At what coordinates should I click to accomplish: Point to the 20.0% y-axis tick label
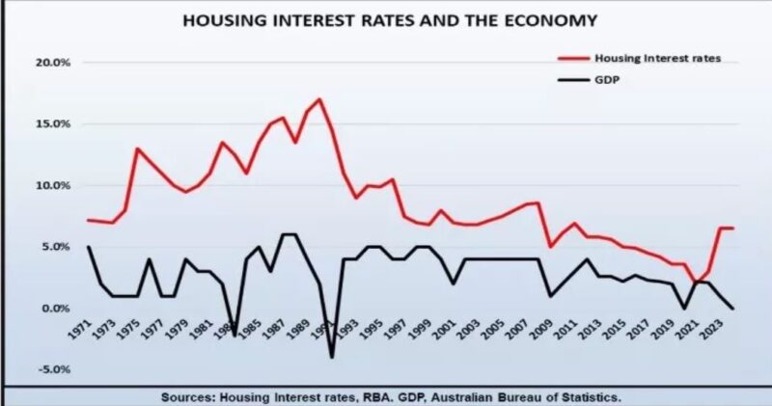(x=41, y=63)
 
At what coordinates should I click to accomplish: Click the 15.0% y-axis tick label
(x=41, y=124)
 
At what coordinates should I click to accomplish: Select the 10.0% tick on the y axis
(x=41, y=185)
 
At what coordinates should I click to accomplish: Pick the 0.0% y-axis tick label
(x=43, y=309)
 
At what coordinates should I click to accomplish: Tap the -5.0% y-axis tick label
(x=41, y=369)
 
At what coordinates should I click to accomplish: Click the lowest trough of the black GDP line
(x=332, y=357)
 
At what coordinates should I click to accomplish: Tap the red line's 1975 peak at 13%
(x=138, y=149)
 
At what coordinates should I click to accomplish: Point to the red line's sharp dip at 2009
(x=549, y=247)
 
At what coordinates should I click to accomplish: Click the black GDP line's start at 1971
(x=89, y=247)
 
